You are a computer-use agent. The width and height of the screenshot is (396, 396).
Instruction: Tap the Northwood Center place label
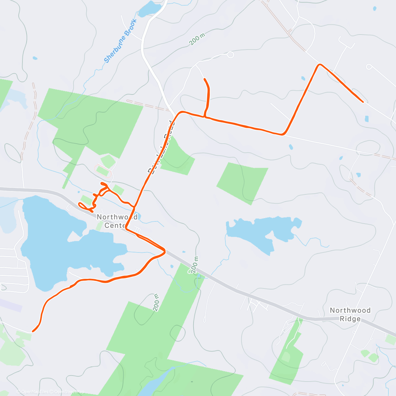(x=117, y=221)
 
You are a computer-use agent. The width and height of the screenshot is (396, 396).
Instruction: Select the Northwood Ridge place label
(x=350, y=314)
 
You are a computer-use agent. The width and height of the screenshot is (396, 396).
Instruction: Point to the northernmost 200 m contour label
(x=197, y=39)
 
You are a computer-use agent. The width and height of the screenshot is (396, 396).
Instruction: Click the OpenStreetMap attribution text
(x=69, y=392)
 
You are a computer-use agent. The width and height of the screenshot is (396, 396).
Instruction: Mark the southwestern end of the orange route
(x=33, y=331)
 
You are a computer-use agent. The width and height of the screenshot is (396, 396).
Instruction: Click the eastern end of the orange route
(x=363, y=102)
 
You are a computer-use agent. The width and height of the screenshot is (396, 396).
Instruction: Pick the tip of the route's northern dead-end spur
(x=205, y=79)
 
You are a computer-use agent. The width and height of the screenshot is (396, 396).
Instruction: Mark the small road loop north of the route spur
(x=230, y=55)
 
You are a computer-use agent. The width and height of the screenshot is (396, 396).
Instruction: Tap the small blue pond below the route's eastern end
(x=367, y=119)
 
